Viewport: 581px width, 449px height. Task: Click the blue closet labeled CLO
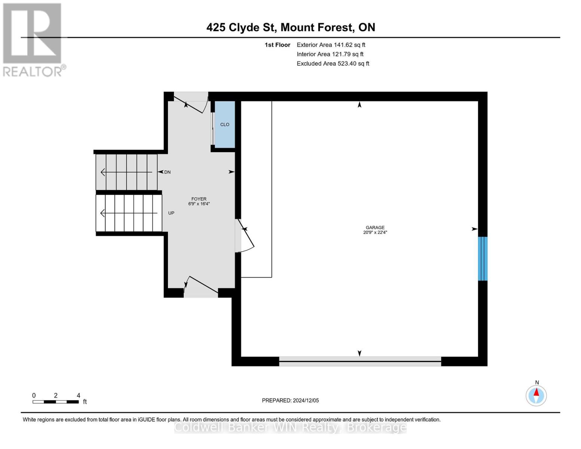224,124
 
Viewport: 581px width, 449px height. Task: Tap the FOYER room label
199,199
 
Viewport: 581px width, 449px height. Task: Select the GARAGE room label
375,227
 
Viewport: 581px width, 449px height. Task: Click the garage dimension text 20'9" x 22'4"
375,232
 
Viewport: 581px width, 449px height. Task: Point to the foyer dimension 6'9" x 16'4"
199,204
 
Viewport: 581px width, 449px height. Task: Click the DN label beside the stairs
167,172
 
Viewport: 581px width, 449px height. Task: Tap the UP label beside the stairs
171,213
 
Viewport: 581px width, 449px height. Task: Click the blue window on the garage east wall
483,259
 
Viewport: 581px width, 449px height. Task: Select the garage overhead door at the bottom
360,361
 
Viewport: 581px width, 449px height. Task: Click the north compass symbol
536,395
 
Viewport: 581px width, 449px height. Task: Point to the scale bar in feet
56,401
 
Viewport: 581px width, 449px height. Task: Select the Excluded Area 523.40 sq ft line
333,64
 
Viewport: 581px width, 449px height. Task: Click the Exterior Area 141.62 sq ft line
331,45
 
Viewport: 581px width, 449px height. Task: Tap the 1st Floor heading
277,45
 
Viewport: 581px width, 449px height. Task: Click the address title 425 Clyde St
290,27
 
